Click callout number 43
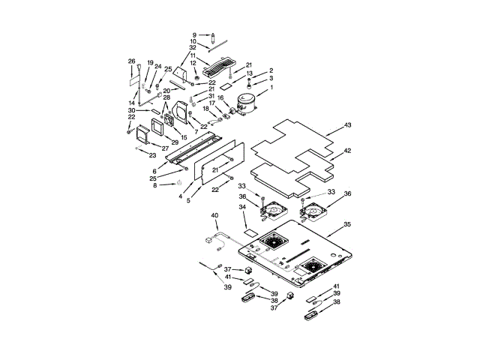pos(347,124)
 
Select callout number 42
pos(347,151)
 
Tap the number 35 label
pos(347,224)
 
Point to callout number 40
pos(214,216)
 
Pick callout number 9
pos(193,34)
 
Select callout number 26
pos(131,61)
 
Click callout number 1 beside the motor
pos(271,87)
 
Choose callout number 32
pos(193,48)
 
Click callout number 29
pos(175,142)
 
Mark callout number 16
pos(220,97)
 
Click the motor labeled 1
pos(246,104)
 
